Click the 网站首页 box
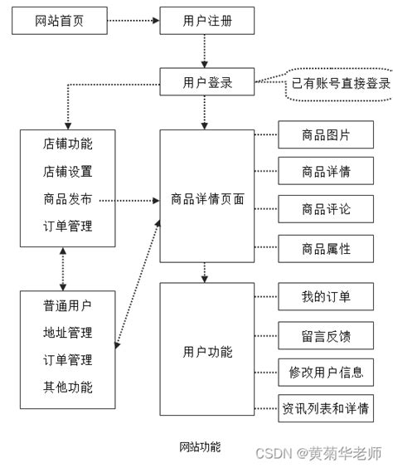click(60, 22)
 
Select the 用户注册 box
click(206, 22)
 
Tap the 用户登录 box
click(206, 83)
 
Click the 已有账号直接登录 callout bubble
click(338, 84)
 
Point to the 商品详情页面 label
click(207, 199)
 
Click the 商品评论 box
click(326, 209)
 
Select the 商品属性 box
click(326, 248)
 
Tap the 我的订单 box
click(326, 296)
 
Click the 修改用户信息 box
click(326, 372)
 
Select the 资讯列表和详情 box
click(326, 408)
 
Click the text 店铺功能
click(67, 144)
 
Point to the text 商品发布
click(67, 199)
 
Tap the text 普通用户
click(67, 305)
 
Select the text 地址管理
click(67, 333)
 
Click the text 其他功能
click(67, 387)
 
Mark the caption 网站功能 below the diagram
click(200, 446)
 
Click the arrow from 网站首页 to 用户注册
click(133, 22)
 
